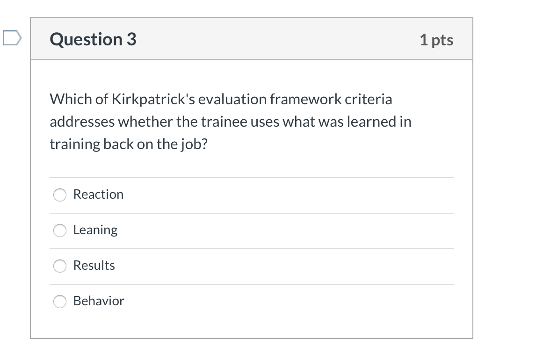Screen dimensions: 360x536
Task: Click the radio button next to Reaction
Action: pos(60,195)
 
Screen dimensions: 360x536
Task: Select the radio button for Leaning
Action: pos(60,230)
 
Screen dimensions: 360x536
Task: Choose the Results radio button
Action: pos(60,266)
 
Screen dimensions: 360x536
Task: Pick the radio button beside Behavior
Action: pos(60,302)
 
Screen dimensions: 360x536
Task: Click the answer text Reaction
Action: pos(98,194)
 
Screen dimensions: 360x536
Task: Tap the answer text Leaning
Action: pos(95,230)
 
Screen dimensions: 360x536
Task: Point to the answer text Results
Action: pos(94,266)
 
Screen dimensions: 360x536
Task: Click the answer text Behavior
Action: pos(99,301)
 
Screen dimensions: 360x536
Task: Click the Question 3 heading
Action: pos(93,39)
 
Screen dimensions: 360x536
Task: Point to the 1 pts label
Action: pos(436,40)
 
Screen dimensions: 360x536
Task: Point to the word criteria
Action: pos(369,100)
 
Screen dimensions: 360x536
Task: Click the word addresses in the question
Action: pos(82,122)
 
